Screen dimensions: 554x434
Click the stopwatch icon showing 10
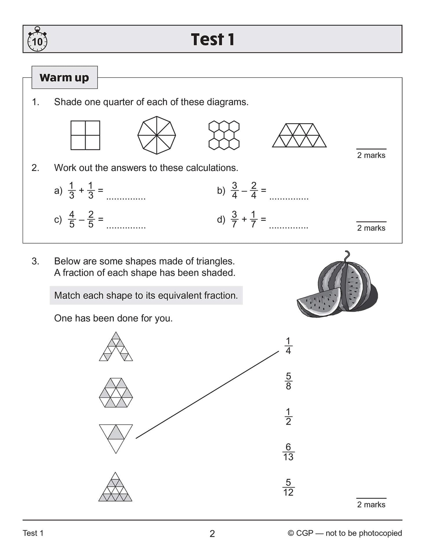click(x=37, y=40)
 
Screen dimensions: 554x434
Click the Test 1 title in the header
click(x=212, y=39)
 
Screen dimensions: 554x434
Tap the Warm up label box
click(x=64, y=78)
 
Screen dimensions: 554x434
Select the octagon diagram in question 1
click(x=157, y=135)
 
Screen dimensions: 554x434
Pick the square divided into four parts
click(x=85, y=135)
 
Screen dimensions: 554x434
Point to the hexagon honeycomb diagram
click(x=224, y=135)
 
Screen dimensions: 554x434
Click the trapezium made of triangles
click(x=299, y=135)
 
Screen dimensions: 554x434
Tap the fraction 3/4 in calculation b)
click(x=234, y=190)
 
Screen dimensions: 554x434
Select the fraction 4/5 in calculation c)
click(x=72, y=219)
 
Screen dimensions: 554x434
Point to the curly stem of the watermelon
click(x=346, y=256)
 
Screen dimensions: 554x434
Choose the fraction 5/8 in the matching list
click(x=288, y=381)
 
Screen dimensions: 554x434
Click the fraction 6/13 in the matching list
click(x=288, y=452)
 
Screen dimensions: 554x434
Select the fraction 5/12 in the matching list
click(x=288, y=487)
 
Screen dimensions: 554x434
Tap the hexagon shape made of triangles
click(x=116, y=393)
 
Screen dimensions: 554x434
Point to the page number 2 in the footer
click(x=212, y=533)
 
